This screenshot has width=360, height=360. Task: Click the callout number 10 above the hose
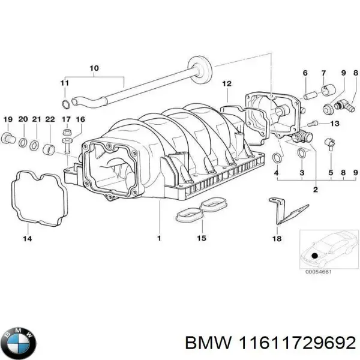pyautogui.click(x=94, y=68)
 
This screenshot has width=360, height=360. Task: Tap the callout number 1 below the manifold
pyautogui.click(x=159, y=238)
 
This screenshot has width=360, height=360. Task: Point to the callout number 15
pyautogui.click(x=201, y=238)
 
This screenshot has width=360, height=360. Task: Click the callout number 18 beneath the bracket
pyautogui.click(x=277, y=238)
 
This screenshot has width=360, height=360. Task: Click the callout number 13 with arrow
pyautogui.click(x=334, y=124)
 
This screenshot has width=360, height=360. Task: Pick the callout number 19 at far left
pyautogui.click(x=8, y=119)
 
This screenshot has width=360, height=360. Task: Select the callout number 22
pyautogui.click(x=50, y=119)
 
